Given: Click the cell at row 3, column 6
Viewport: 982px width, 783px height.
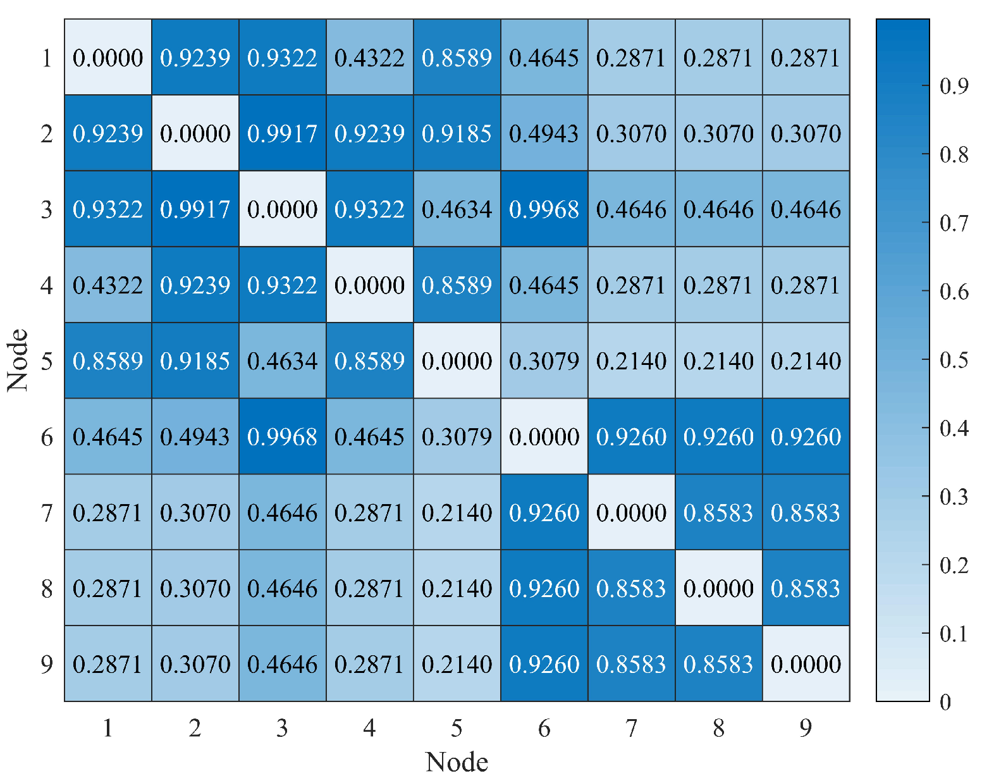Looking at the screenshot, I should pos(544,209).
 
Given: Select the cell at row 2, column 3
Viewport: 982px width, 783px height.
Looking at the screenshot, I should pos(282,133).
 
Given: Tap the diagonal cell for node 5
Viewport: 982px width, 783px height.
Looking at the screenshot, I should pos(457,361).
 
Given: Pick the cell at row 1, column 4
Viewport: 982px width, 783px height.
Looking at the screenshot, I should pos(369,58).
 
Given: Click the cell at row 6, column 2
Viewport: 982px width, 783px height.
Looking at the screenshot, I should pos(195,436).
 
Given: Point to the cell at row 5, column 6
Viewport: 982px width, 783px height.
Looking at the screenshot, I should pos(544,361).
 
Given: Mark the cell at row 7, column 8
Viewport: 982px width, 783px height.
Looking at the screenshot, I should pos(718,512).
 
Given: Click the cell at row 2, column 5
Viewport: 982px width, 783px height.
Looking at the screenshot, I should pos(457,133).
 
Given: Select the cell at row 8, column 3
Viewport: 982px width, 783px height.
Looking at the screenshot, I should pos(282,588).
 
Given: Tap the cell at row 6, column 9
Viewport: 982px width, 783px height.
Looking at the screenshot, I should pos(806,436).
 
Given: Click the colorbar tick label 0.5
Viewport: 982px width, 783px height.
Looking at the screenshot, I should pos(954,360).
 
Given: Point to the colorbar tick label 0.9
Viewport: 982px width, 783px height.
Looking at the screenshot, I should pos(954,86).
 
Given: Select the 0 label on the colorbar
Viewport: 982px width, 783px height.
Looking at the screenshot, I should pos(945,702).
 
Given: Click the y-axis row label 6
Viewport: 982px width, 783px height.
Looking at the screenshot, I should pos(47,437).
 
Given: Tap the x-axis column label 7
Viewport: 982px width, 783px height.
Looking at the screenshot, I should pos(631,729).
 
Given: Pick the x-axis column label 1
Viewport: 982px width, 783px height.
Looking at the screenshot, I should pos(107,729).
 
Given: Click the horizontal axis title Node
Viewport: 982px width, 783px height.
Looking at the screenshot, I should pos(457,762).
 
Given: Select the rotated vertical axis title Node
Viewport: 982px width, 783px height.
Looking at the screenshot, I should pos(18,360).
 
